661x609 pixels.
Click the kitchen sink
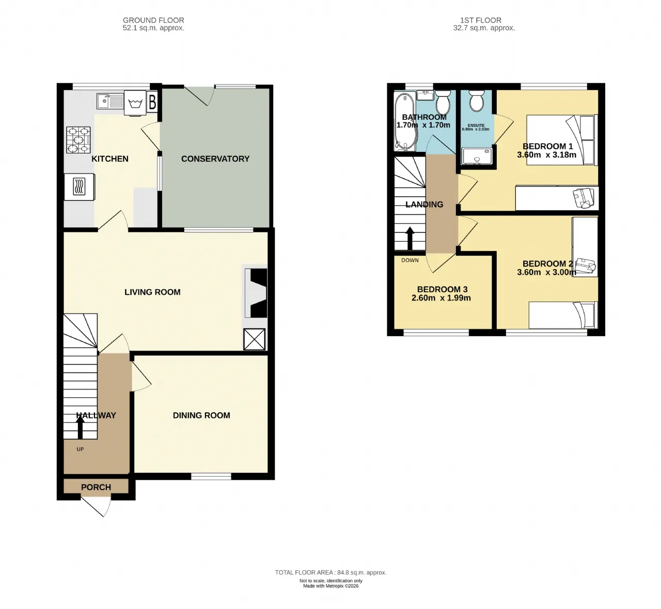109,101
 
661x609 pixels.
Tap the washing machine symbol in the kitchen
135,103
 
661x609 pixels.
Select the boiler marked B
152,102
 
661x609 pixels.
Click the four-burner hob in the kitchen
78,140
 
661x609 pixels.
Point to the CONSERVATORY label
215,159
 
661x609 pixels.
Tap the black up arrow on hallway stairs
80,427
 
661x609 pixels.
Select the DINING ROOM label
201,415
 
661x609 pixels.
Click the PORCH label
96,487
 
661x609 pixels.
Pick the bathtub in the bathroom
405,122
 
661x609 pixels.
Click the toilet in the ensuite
476,101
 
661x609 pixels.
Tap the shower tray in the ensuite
477,157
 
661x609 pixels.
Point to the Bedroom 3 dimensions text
441,298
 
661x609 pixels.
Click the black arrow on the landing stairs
410,238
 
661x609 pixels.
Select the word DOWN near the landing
410,260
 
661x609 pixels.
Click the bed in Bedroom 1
562,140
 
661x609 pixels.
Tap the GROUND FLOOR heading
153,21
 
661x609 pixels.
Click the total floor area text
330,572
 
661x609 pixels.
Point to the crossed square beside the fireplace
255,339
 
